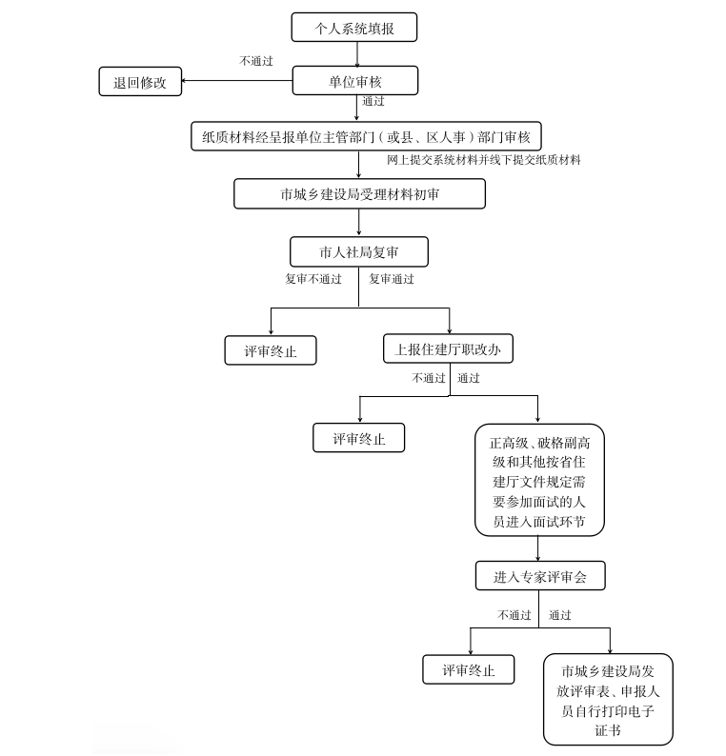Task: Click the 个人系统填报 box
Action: point(354,28)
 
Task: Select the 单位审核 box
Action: point(355,81)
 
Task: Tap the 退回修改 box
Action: point(140,82)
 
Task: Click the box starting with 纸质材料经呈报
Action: point(366,136)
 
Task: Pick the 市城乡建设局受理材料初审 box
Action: point(359,194)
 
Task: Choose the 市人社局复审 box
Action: point(359,251)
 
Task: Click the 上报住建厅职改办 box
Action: point(448,348)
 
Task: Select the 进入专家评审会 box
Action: point(540,576)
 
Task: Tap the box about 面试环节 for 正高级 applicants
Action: point(540,480)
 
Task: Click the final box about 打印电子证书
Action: point(608,700)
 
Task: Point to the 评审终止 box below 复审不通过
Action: point(271,350)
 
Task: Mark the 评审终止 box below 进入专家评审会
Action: point(469,669)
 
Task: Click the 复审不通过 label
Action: point(313,279)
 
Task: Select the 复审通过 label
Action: point(392,279)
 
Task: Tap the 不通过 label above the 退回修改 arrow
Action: point(256,61)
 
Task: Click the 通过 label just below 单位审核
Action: point(373,101)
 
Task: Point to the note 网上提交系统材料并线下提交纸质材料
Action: point(484,160)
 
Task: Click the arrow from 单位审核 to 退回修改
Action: point(237,81)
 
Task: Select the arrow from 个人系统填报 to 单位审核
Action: point(357,54)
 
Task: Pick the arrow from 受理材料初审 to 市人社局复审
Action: point(359,222)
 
